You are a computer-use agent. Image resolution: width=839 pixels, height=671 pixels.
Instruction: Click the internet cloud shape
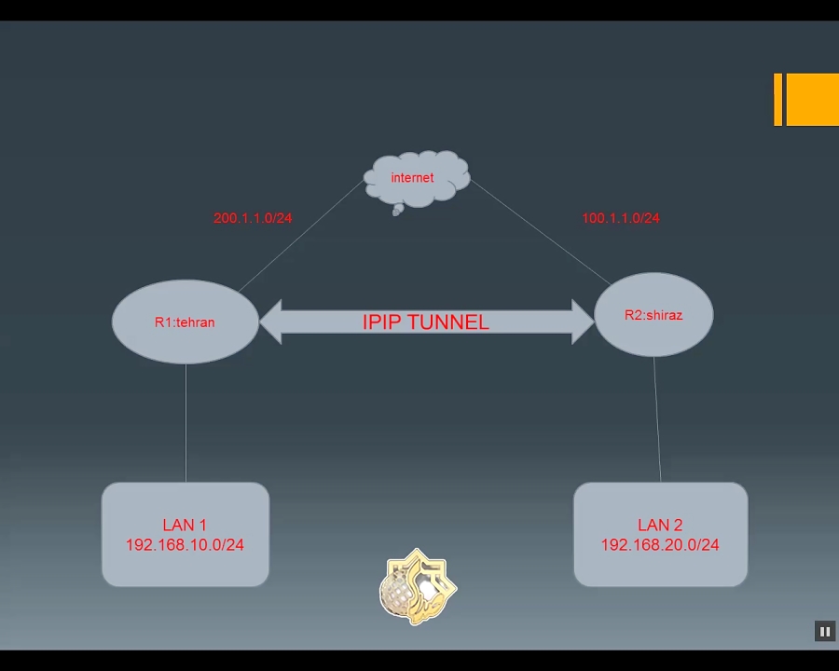tap(416, 179)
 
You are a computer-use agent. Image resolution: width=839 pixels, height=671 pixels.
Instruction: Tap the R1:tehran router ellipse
tap(185, 322)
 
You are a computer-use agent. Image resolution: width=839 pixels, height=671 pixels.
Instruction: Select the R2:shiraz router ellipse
tap(653, 315)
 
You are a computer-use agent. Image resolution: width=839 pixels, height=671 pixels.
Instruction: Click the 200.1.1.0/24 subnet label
tap(253, 218)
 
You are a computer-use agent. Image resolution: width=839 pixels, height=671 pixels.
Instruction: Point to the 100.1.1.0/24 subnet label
tap(621, 218)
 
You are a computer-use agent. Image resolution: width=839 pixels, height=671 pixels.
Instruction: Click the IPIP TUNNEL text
tap(425, 322)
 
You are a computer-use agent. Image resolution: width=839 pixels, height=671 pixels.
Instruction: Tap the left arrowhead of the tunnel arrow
tap(271, 322)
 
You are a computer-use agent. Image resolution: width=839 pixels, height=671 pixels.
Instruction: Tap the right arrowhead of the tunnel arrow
tap(583, 322)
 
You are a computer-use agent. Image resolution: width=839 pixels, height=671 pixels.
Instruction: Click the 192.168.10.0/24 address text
tap(185, 545)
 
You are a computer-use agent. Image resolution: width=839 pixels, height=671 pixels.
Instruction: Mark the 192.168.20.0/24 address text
tap(660, 545)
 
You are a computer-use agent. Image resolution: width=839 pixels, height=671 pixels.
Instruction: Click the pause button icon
tap(825, 632)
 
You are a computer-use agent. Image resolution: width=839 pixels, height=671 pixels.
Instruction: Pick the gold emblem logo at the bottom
tap(418, 587)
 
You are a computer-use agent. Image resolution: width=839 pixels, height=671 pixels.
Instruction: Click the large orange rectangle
tap(812, 99)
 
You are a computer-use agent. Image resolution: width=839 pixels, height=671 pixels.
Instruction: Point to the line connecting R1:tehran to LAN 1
tap(186, 424)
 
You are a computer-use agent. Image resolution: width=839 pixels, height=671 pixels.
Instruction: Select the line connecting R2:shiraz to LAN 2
tap(657, 419)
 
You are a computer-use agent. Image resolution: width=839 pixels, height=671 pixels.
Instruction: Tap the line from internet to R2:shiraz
tap(541, 232)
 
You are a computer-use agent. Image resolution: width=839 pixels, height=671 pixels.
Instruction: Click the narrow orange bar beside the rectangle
tap(777, 99)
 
